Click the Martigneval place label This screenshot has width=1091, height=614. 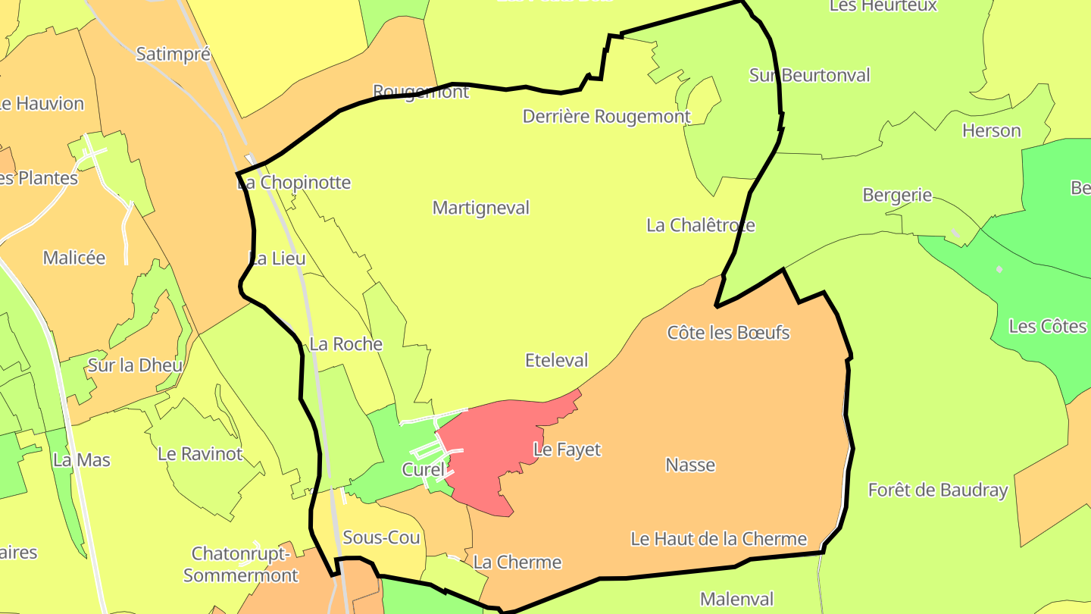pyautogui.click(x=480, y=208)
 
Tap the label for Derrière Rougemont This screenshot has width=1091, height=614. pyautogui.click(x=606, y=117)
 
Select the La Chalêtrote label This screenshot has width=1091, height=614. pyautogui.click(x=700, y=225)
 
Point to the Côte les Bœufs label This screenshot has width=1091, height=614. pyautogui.click(x=728, y=333)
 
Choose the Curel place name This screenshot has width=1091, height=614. pyautogui.click(x=423, y=470)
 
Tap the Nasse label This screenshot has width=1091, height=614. pyautogui.click(x=690, y=465)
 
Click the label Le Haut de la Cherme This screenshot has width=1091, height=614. pyautogui.click(x=718, y=539)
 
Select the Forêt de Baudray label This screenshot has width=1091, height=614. pyautogui.click(x=938, y=490)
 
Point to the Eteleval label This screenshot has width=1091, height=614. pyautogui.click(x=556, y=360)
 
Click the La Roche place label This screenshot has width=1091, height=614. pyautogui.click(x=346, y=344)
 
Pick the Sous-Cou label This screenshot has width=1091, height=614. pyautogui.click(x=381, y=537)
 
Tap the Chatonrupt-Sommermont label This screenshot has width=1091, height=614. pyautogui.click(x=241, y=565)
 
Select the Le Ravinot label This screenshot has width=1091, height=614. pyautogui.click(x=200, y=454)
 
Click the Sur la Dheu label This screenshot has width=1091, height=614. pyautogui.click(x=135, y=365)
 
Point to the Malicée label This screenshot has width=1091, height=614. pyautogui.click(x=74, y=258)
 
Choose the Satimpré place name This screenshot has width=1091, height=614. pyautogui.click(x=173, y=54)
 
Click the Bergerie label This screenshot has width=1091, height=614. pyautogui.click(x=897, y=195)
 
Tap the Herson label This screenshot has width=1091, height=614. pyautogui.click(x=991, y=130)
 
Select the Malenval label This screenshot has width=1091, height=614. pyautogui.click(x=736, y=600)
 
